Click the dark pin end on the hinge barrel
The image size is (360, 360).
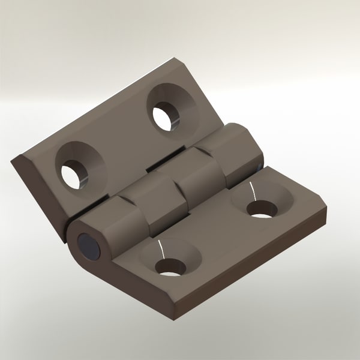click(x=89, y=245)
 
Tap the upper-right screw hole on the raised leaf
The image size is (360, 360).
click(x=163, y=116)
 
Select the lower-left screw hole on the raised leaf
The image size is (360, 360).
click(x=73, y=174)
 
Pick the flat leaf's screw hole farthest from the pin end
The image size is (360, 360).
click(x=261, y=209)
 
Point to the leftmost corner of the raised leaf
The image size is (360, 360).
click(x=13, y=160)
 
